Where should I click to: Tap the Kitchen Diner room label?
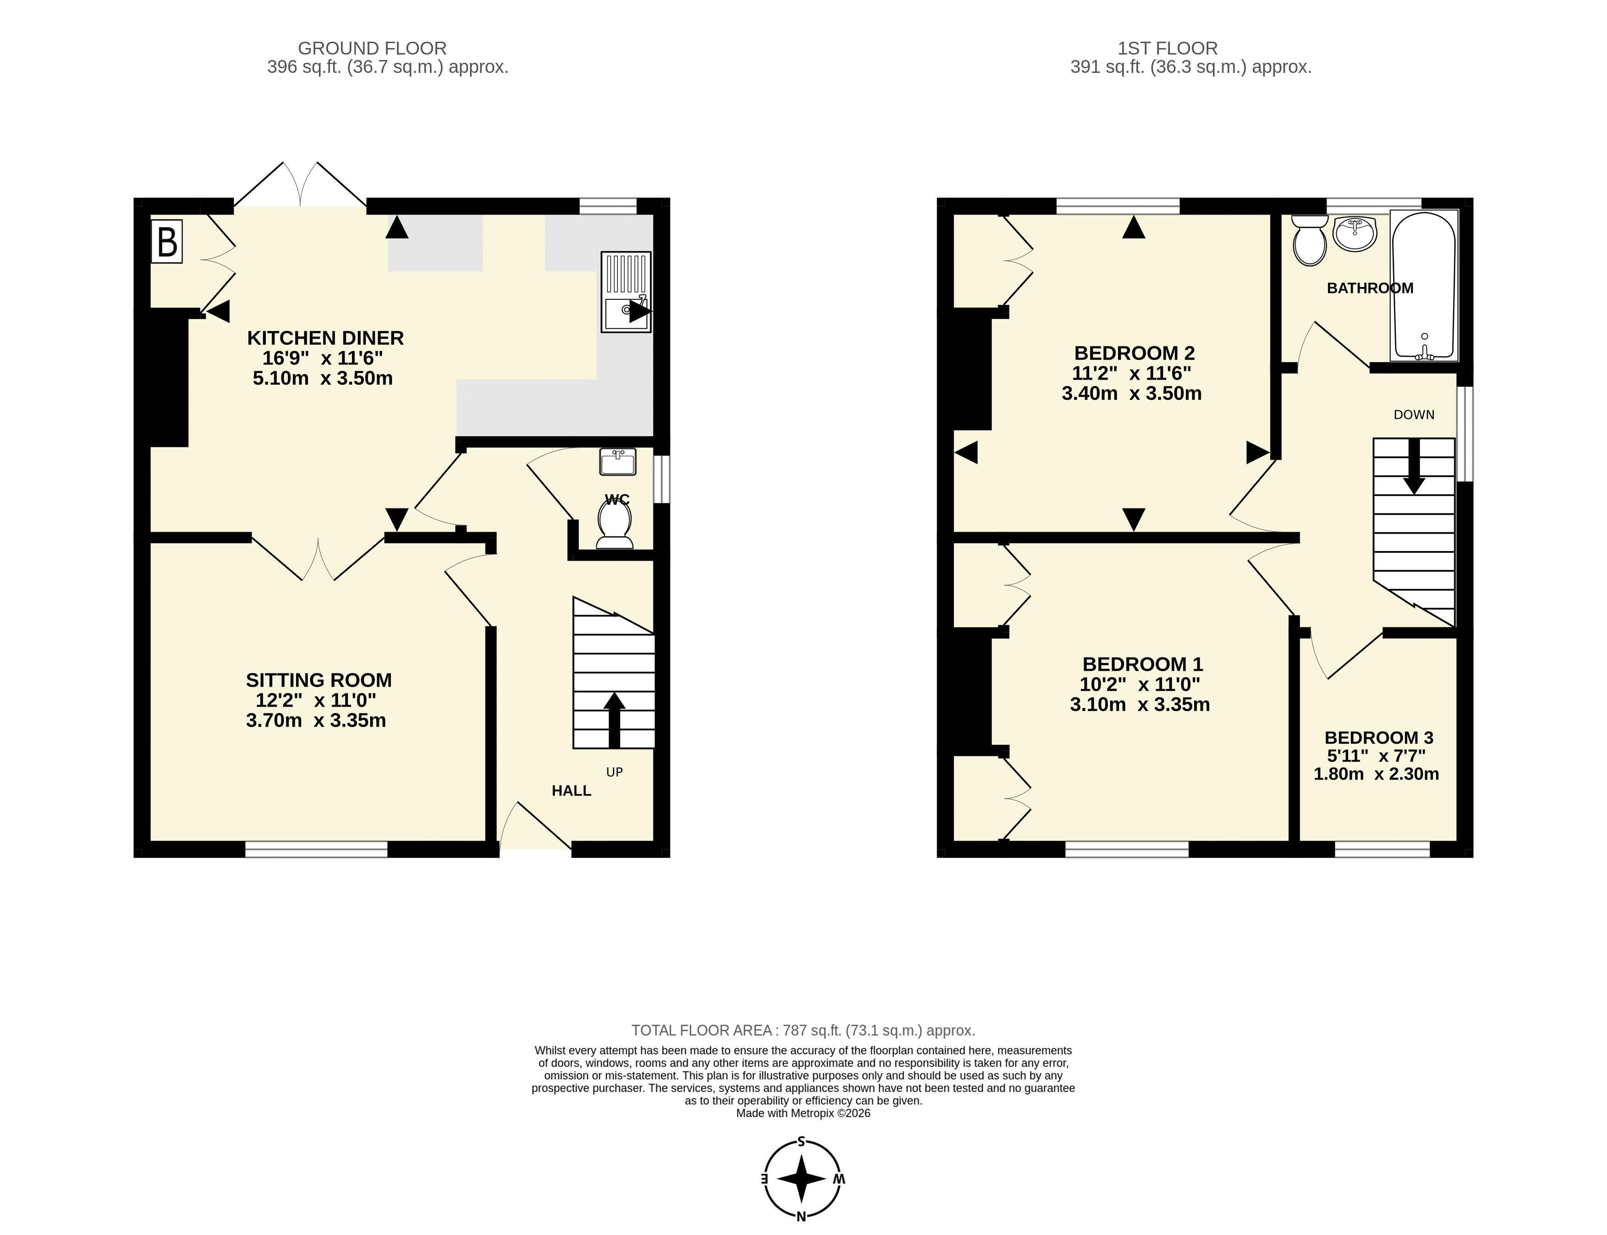pos(325,338)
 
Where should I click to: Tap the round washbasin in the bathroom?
pos(1354,234)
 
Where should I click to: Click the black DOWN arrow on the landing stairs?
pos(1414,467)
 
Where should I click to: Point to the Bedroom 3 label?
pos(1378,737)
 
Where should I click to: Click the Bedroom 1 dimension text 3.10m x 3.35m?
pos(1140,704)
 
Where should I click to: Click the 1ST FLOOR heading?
pos(1168,49)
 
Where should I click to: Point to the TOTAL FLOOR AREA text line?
pos(803,1031)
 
